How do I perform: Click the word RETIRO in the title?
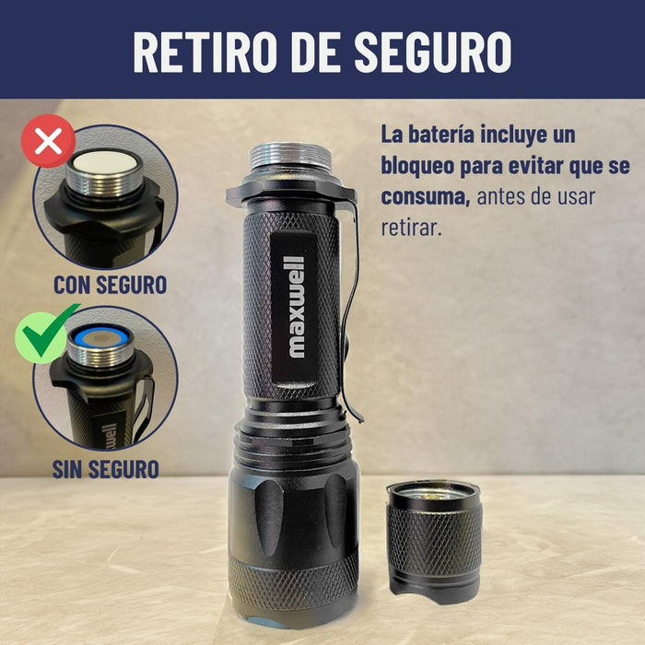pos(204,52)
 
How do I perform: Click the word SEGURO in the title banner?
pos(433,52)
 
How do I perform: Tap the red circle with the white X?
pos(49,141)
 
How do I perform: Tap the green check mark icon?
pos(44,334)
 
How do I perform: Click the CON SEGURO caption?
pos(111,285)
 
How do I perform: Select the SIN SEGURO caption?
pos(106,469)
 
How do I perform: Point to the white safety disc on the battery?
pos(104,162)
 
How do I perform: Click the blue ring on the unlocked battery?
pos(100,338)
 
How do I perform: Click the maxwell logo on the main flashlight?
pos(296,307)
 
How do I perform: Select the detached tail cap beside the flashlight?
pos(434,542)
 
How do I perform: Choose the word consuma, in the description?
pos(426,196)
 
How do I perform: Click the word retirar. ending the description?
pos(411,228)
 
